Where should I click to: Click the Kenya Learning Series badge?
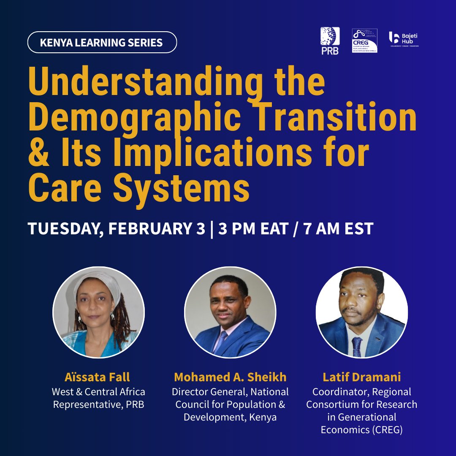coord(102,42)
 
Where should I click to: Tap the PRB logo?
coord(330,41)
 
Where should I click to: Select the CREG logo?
coord(365,41)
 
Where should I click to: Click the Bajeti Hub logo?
coord(404,39)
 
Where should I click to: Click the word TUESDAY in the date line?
coord(66,228)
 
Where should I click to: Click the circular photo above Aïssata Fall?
coord(98,312)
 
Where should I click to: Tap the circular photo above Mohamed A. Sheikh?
coord(230,312)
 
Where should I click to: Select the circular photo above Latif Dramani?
coord(362,312)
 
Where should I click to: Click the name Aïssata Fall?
coord(98,377)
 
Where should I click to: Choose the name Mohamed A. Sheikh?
coord(230,377)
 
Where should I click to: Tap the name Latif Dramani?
coord(362,377)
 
